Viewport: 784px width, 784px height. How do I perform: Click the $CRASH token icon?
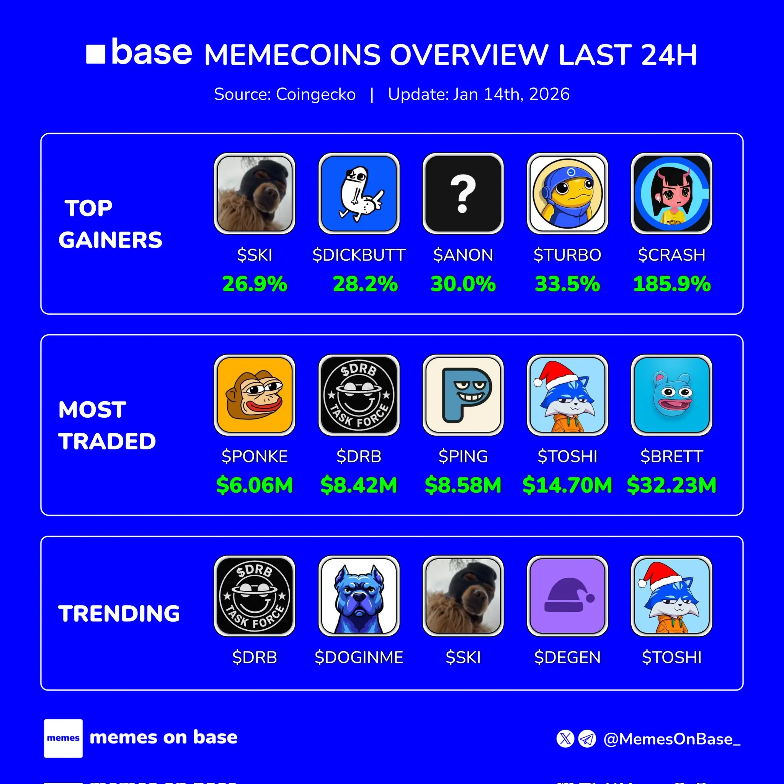coord(671,194)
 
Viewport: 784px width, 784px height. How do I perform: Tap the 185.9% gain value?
coord(671,284)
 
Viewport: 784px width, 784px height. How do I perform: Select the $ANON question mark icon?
coord(463,194)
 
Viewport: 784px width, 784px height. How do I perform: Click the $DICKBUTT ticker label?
coord(359,255)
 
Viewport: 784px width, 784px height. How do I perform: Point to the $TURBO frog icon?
coord(567,194)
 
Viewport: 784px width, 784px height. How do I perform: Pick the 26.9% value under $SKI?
coord(255,284)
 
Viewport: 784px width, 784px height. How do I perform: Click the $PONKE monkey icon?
coord(255,395)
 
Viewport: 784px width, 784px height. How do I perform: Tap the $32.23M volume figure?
coord(671,485)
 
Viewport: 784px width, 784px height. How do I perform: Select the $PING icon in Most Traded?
coord(463,395)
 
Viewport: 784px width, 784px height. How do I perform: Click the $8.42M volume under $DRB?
coord(359,485)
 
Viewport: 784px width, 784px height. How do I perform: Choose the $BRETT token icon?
coord(671,395)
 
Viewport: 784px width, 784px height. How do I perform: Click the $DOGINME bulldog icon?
coord(359,596)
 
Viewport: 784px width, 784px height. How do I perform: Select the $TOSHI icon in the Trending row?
coord(671,596)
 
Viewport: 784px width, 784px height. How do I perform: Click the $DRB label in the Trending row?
coord(255,657)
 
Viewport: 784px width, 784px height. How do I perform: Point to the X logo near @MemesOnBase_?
coord(565,738)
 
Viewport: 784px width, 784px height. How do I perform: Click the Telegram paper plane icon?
coord(587,738)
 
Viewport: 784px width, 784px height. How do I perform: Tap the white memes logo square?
coord(63,738)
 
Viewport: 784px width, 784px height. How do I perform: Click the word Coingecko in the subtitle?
coord(316,94)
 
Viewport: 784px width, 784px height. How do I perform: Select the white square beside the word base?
coord(96,54)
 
